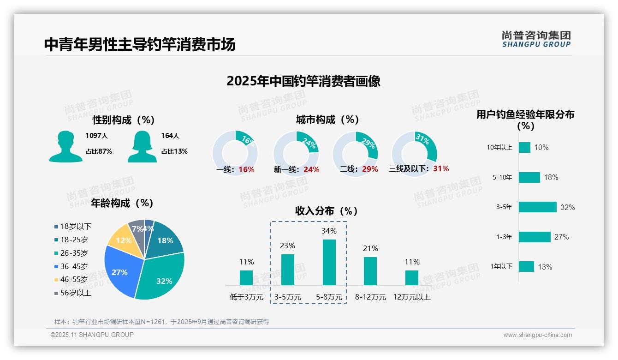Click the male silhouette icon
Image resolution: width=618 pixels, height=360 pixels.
(x=66, y=147)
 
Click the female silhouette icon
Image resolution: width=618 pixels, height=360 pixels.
(x=142, y=147)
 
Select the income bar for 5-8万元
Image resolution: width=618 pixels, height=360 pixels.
(x=329, y=262)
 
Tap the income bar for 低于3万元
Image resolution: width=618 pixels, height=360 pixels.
(x=246, y=278)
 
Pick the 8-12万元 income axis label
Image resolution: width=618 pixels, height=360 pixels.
(x=370, y=297)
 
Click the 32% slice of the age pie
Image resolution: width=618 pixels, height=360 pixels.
(x=161, y=277)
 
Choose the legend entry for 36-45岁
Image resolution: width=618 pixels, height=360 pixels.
(x=74, y=266)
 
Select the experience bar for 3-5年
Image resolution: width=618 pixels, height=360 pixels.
(x=537, y=207)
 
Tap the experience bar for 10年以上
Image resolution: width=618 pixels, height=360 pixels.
(x=524, y=147)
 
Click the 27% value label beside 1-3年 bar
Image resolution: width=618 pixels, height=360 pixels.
(x=561, y=237)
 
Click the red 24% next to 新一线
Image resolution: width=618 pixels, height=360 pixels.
(x=311, y=169)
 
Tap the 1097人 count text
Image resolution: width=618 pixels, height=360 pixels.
(x=96, y=136)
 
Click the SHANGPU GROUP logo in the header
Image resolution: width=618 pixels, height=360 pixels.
(x=536, y=39)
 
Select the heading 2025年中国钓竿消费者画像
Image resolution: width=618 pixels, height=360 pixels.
(x=303, y=81)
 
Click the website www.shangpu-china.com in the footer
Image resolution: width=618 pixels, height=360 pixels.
(x=537, y=335)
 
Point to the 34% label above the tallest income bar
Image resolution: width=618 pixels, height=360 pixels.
(x=329, y=231)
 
